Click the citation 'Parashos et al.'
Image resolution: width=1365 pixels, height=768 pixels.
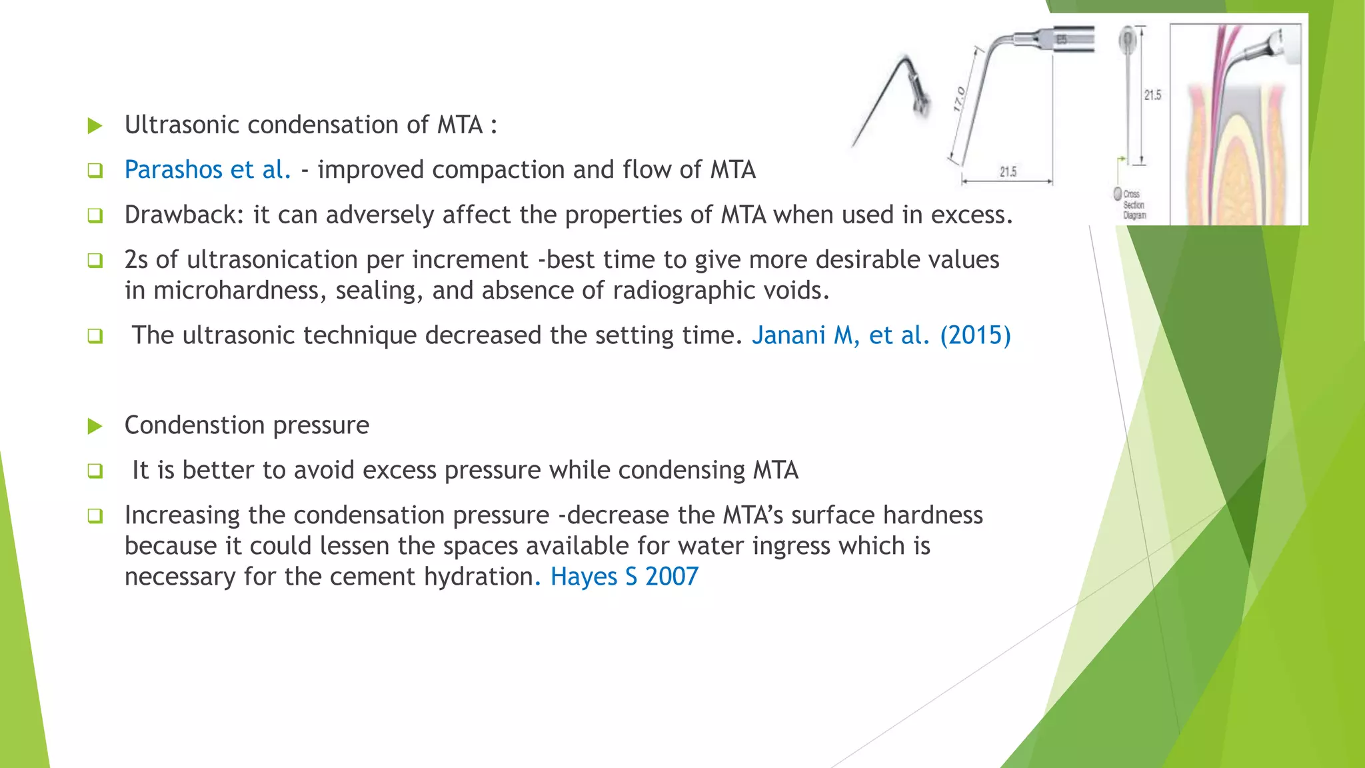207,170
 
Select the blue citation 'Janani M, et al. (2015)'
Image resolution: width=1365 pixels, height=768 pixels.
881,335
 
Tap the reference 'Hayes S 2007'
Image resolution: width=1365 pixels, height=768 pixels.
625,577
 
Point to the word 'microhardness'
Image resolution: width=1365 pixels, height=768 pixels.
236,291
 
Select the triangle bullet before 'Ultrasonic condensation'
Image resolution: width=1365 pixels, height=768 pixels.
95,125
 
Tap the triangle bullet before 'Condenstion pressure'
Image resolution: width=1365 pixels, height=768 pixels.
95,426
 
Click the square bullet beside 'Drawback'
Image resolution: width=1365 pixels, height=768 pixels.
95,215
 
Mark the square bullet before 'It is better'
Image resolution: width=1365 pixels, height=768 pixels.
95,471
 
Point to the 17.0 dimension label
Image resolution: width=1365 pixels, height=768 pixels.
958,99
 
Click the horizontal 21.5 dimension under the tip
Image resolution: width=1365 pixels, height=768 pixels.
1008,172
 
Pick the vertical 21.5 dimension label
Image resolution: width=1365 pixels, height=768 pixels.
1152,95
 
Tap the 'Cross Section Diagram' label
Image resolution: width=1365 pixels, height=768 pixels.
1133,205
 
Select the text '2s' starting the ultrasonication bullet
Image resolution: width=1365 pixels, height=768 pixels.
136,260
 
